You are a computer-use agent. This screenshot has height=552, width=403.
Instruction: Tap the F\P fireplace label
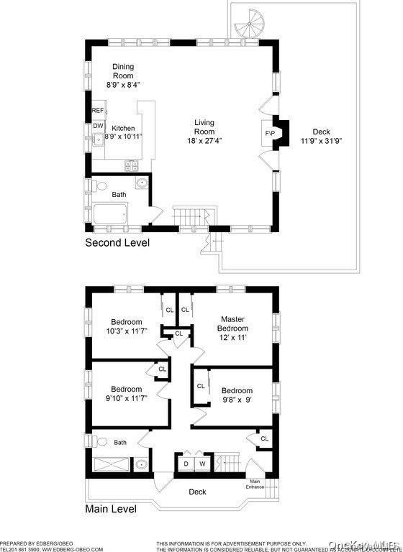pyautogui.click(x=270, y=134)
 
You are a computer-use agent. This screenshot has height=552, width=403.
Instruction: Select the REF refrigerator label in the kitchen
pyautogui.click(x=98, y=111)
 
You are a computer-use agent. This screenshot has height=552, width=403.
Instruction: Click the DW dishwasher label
pyautogui.click(x=98, y=126)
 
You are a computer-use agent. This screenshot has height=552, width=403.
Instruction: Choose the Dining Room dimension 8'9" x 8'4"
pyautogui.click(x=122, y=84)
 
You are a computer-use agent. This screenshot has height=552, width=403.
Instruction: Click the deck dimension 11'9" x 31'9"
pyautogui.click(x=321, y=141)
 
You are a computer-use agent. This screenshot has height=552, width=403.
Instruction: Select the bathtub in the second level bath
pyautogui.click(x=110, y=214)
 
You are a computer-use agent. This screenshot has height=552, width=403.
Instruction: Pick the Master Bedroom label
pyautogui.click(x=234, y=323)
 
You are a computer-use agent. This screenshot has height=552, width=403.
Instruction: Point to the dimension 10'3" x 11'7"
pyautogui.click(x=126, y=331)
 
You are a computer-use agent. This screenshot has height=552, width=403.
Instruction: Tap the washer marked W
pyautogui.click(x=201, y=463)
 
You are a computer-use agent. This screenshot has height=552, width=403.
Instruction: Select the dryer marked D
pyautogui.click(x=186, y=463)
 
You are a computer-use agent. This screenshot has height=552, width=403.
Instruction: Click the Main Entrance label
pyautogui.click(x=255, y=484)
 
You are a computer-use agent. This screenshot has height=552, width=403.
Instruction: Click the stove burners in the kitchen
pyautogui.click(x=133, y=165)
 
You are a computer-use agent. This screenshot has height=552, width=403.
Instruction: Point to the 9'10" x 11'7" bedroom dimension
pyautogui.click(x=126, y=398)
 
